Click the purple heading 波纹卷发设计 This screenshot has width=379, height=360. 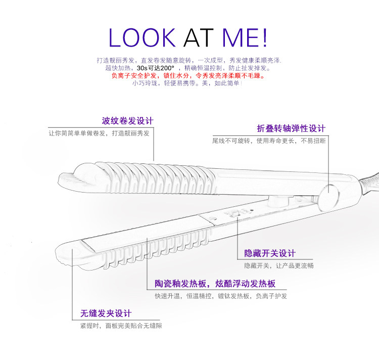tap(127, 121)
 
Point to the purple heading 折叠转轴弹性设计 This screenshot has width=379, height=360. tap(291, 128)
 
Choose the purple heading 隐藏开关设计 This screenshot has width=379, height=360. tap(270, 253)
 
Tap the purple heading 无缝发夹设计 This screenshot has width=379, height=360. tap(106, 313)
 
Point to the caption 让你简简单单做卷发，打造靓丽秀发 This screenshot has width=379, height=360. tap(99, 133)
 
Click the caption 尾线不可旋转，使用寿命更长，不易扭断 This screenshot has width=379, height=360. tap(269, 141)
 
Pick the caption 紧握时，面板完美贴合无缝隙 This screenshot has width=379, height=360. tap(121, 326)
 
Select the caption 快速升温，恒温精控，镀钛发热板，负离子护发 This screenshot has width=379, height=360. tap(221, 296)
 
